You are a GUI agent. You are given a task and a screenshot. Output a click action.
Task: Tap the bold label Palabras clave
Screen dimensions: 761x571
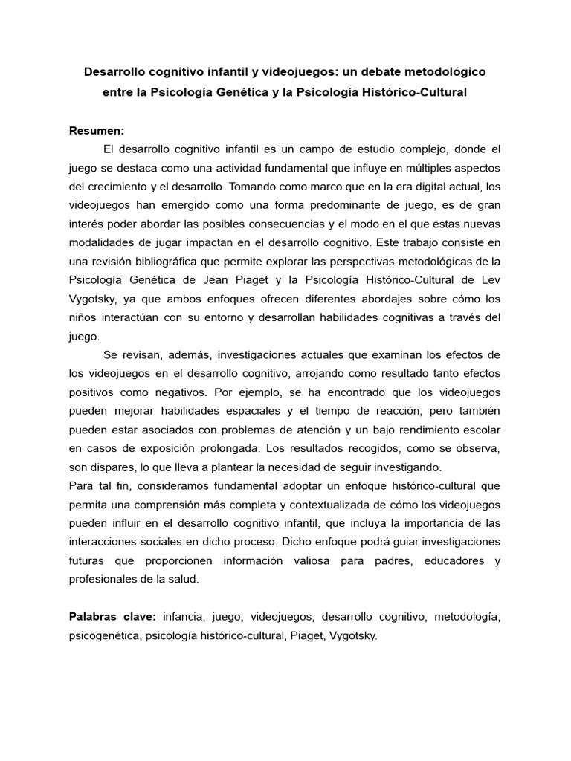point(111,616)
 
